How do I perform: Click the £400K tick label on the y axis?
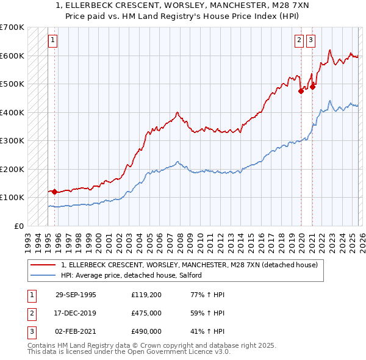(x=12, y=112)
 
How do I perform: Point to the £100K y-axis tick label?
(x=12, y=198)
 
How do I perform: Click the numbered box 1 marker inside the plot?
(x=52, y=41)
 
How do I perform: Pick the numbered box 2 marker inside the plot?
(x=300, y=41)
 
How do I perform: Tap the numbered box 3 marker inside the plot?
(x=310, y=41)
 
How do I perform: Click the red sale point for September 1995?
(x=55, y=192)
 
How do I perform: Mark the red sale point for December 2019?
(x=301, y=91)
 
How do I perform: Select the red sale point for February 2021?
(x=312, y=87)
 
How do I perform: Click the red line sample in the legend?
(x=43, y=265)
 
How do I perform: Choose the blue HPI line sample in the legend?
(x=43, y=275)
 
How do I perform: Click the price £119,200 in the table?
(x=146, y=295)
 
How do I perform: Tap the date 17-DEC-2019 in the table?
(x=76, y=313)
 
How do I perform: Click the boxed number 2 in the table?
(x=31, y=313)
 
